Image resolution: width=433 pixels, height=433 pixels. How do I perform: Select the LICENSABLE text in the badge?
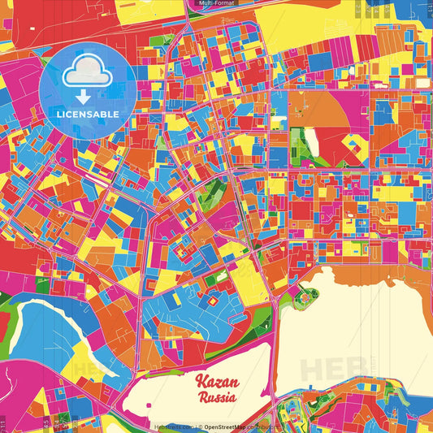point(88,113)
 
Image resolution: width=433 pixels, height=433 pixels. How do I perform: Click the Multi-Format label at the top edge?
point(216,4)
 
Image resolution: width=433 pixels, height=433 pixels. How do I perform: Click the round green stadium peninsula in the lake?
point(305,300)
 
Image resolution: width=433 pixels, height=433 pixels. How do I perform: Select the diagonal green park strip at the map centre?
point(213,192)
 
